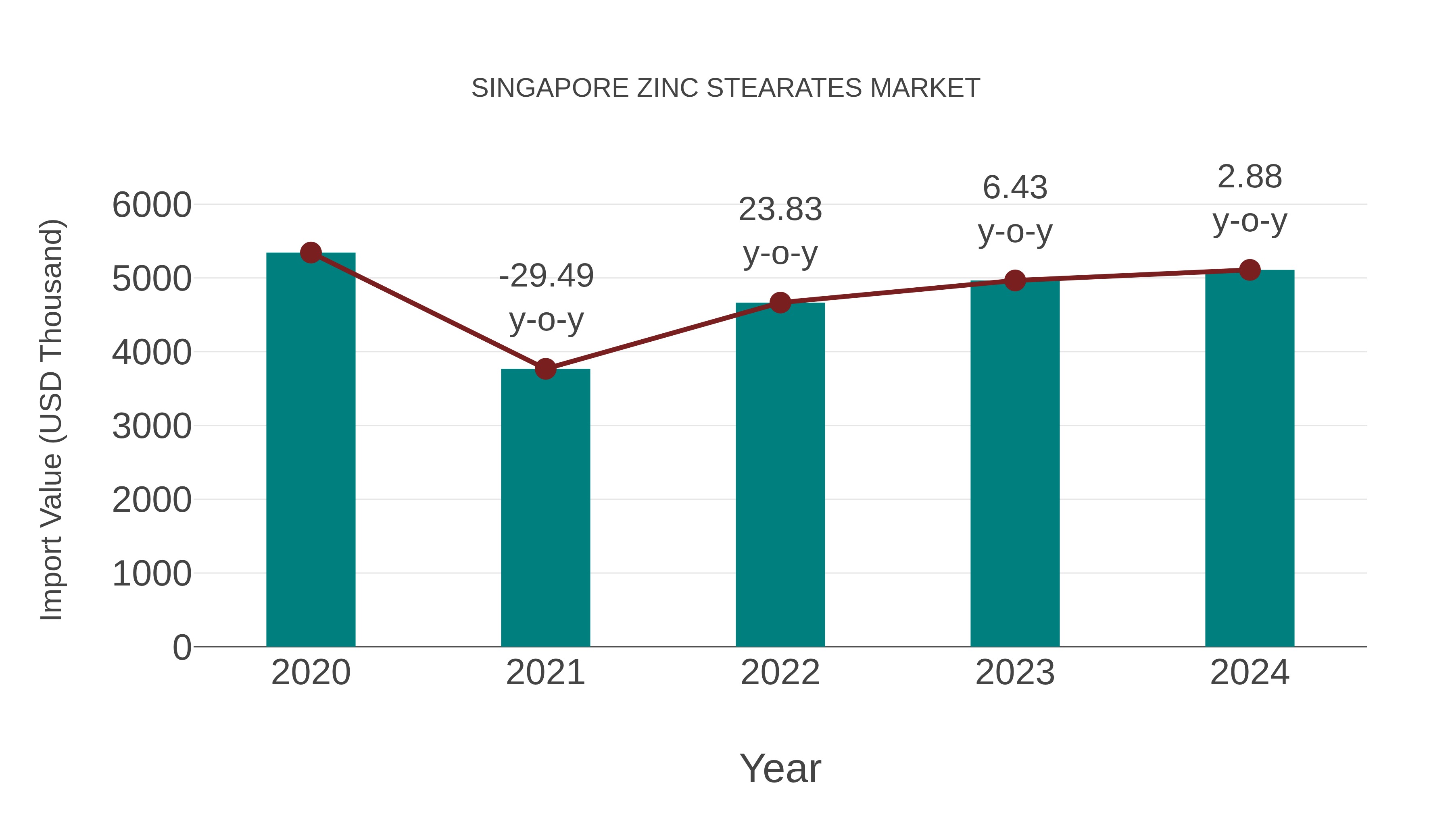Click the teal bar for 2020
coord(311,451)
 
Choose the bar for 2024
coord(1250,459)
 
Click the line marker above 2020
coord(311,253)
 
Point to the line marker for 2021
coord(545,369)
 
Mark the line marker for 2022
coord(780,302)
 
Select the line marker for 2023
coord(1015,280)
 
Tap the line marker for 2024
coord(1250,270)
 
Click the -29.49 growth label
coord(546,276)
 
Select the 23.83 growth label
coord(780,210)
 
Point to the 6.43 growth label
coord(1015,187)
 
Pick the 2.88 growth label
coord(1250,177)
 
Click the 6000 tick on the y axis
coord(152,205)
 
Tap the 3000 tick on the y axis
coord(152,426)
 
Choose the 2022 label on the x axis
coord(780,673)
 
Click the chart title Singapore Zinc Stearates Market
coord(726,88)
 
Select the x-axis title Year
coord(780,768)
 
